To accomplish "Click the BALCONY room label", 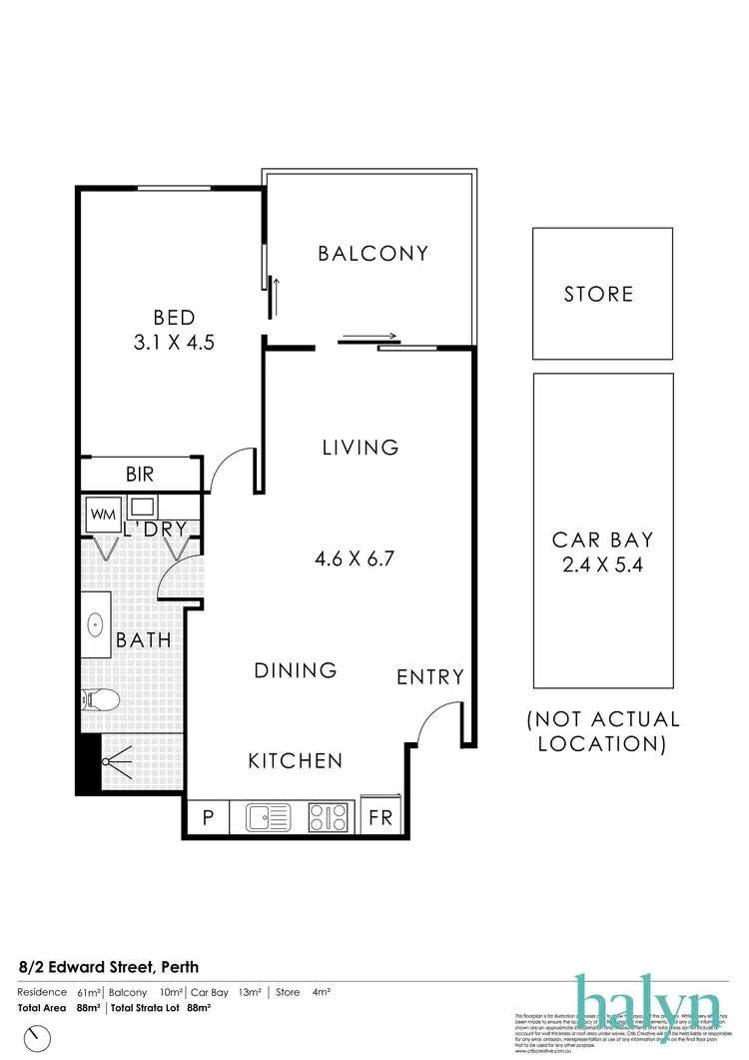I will point(373,254).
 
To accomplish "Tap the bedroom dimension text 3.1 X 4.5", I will point(175,342).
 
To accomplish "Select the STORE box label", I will point(598,294).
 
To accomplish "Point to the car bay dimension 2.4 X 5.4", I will point(603,565).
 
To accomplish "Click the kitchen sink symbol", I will point(268,818).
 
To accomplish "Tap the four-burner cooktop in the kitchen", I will point(330,818).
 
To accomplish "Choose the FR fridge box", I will point(381,818).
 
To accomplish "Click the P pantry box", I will point(208,818).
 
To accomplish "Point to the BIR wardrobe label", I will point(140,475).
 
